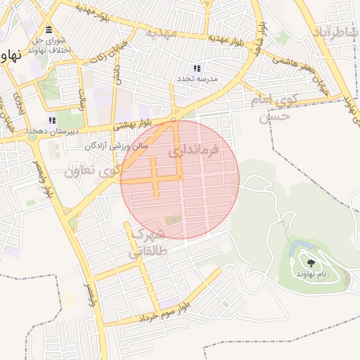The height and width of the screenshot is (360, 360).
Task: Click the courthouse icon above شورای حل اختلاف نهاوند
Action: click(x=49, y=30)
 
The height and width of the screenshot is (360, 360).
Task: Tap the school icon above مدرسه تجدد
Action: click(x=198, y=68)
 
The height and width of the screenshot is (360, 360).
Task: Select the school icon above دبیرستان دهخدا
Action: click(x=52, y=120)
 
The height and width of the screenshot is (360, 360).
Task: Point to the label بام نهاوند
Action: click(x=311, y=274)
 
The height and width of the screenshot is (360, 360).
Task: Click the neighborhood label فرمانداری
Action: click(x=194, y=150)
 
